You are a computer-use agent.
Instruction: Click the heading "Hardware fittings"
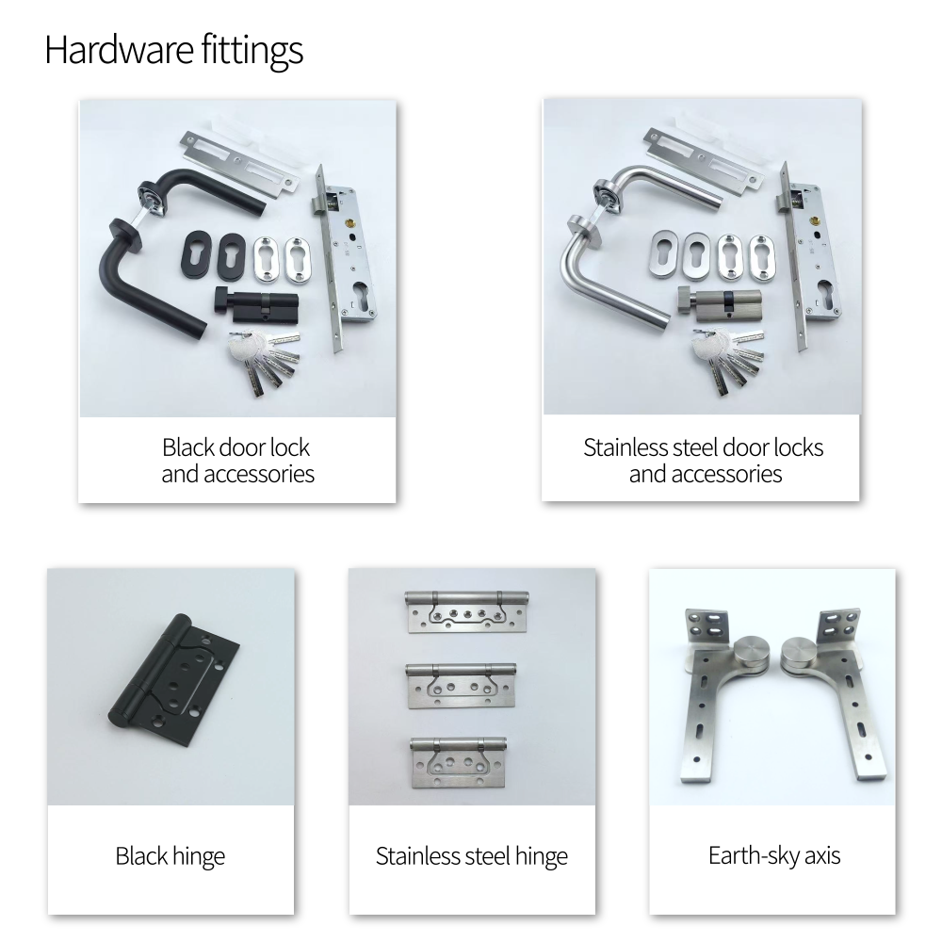point(173,51)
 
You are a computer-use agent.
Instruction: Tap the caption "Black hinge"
point(170,856)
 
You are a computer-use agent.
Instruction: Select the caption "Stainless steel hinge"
point(472,856)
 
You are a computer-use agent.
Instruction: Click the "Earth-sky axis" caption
point(773,855)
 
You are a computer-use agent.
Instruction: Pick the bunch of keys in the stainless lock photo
point(725,359)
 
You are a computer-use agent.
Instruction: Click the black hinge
point(174,680)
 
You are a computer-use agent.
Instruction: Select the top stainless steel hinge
point(467,611)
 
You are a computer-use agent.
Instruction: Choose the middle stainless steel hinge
point(462,686)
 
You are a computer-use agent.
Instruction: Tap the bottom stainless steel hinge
point(459,762)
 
